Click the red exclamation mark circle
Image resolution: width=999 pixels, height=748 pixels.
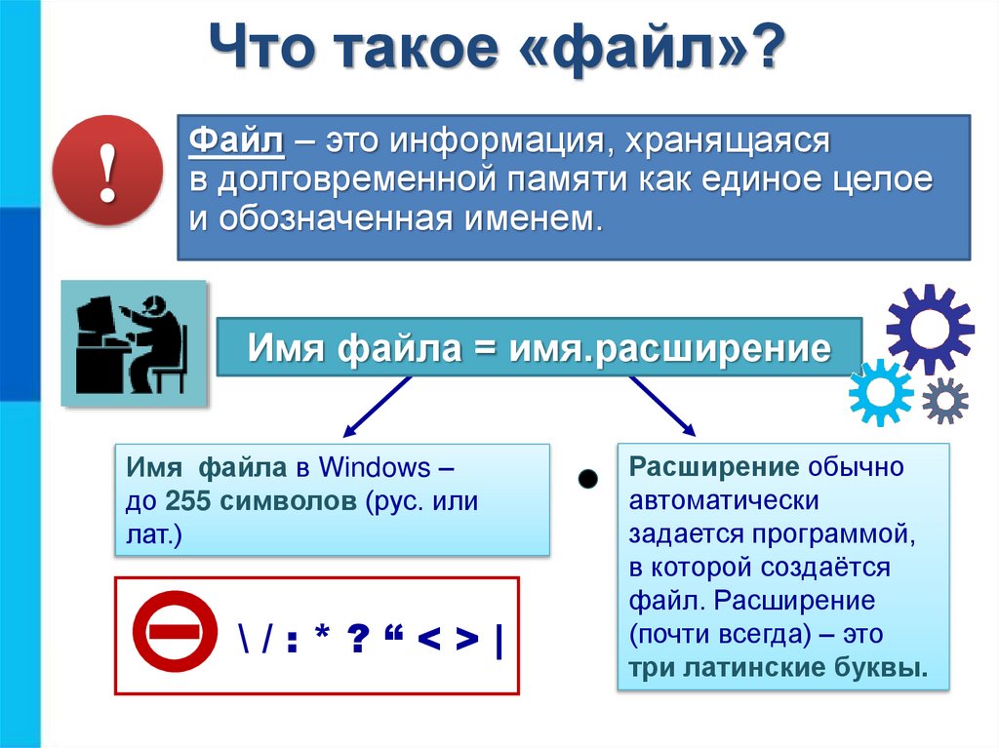click(x=107, y=171)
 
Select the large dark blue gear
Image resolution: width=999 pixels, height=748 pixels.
click(x=929, y=330)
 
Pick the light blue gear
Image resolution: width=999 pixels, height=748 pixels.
click(x=880, y=392)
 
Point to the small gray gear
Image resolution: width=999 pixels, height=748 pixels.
click(x=944, y=400)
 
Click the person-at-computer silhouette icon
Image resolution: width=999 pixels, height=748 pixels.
click(x=135, y=343)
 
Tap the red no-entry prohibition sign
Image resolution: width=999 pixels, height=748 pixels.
click(x=177, y=631)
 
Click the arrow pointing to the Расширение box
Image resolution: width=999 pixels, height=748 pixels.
click(x=662, y=405)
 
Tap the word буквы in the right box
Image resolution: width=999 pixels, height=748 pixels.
click(x=880, y=669)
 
